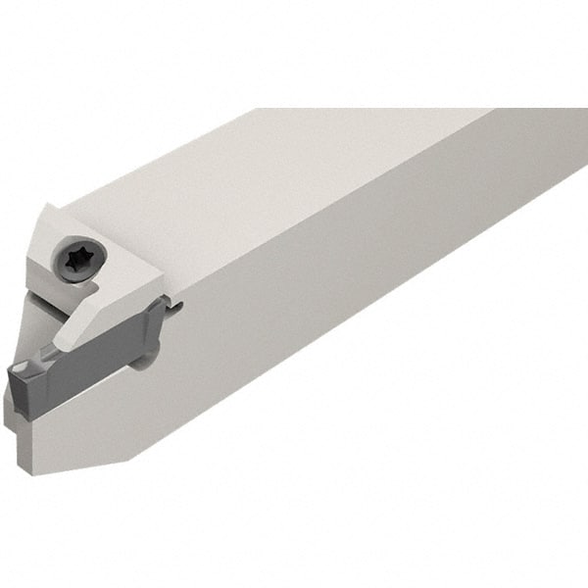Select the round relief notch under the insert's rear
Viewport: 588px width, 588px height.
click(142, 360)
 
